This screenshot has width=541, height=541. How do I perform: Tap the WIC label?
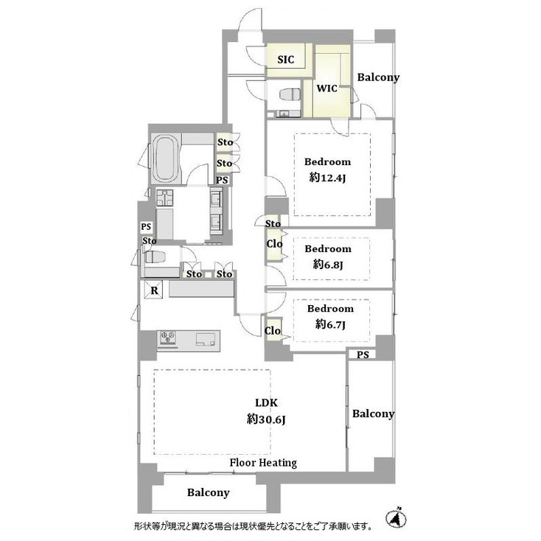(327, 88)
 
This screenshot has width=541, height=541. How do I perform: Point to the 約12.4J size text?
(328, 177)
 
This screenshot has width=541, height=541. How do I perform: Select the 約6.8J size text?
(328, 264)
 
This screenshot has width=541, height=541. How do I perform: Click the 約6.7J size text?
(329, 324)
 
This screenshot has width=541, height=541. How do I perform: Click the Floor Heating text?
(263, 463)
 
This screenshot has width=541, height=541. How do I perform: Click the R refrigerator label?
(154, 290)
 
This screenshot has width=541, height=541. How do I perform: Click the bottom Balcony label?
(208, 492)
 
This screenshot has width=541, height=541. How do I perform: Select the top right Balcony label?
(378, 77)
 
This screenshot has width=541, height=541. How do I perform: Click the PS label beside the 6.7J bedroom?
(362, 355)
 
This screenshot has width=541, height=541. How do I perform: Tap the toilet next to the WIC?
(290, 94)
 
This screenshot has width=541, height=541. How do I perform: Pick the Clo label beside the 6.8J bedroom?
(273, 245)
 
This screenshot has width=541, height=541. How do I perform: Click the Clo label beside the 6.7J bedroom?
(273, 331)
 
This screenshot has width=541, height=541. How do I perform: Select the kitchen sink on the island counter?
(206, 338)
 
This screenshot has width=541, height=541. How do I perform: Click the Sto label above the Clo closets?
(273, 223)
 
